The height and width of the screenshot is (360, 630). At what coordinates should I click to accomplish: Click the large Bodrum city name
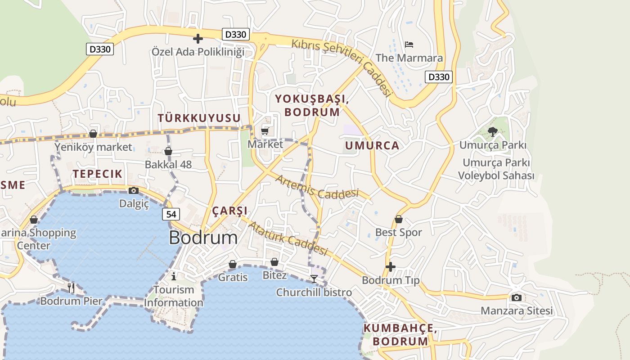coord(203,238)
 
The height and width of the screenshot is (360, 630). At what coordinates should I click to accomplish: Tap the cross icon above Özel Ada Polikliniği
coord(198,39)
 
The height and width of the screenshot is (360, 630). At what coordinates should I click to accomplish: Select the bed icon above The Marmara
coord(409,45)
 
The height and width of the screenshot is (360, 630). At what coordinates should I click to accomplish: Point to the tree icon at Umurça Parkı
coord(493,131)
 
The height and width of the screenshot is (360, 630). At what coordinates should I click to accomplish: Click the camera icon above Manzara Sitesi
coord(516,297)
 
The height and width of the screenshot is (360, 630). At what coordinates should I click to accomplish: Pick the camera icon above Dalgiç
coord(134,190)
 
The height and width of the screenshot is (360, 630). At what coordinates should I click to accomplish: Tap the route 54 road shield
coord(171,214)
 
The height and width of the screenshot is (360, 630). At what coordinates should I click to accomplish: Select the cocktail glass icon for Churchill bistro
coord(314,279)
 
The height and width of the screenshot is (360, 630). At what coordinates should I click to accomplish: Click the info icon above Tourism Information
coord(174,276)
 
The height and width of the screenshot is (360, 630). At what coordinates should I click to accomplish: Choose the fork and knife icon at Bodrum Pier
coord(71,288)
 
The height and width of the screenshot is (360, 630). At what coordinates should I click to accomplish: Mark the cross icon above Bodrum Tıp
coord(391,267)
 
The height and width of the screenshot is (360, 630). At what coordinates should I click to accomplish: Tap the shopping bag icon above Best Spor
coord(398,220)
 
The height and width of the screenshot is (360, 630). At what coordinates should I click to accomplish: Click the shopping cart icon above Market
coord(265,131)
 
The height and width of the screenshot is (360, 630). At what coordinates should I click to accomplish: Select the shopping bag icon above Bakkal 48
coord(168,151)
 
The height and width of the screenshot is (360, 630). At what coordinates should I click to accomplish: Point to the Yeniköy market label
coord(94,147)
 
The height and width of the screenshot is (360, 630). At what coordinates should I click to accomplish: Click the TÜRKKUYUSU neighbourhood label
coord(199,118)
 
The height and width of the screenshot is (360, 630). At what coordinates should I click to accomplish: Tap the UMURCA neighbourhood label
coord(372,145)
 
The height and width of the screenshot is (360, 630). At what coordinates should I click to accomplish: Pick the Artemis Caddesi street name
coord(317,187)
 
